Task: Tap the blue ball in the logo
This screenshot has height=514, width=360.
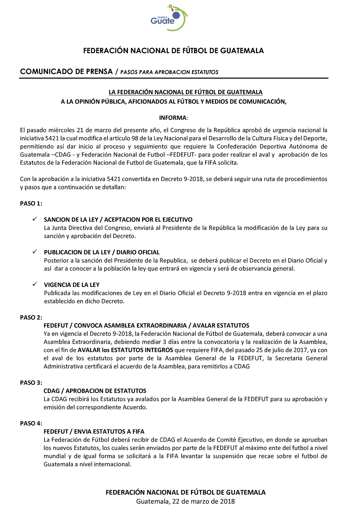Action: tap(176, 15)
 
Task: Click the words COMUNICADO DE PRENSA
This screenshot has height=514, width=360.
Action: tap(66, 71)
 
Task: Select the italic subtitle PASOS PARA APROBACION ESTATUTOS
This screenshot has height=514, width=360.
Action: tap(169, 72)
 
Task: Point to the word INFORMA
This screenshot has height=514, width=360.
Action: tap(173, 118)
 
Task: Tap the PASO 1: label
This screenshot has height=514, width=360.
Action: tap(31, 203)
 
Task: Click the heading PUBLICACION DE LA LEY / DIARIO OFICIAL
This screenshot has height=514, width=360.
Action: tap(102, 252)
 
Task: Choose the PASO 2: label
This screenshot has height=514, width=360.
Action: tap(31, 317)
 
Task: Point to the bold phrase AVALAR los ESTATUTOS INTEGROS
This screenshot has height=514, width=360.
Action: tap(125, 350)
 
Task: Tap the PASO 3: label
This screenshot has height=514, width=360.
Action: tap(31, 383)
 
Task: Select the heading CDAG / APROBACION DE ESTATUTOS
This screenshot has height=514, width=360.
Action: tap(95, 391)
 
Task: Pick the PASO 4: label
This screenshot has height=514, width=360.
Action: tap(31, 423)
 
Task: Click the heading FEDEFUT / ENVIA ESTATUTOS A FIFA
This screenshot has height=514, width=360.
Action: tap(94, 431)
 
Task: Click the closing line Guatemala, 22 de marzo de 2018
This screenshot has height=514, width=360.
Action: tap(186, 501)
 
